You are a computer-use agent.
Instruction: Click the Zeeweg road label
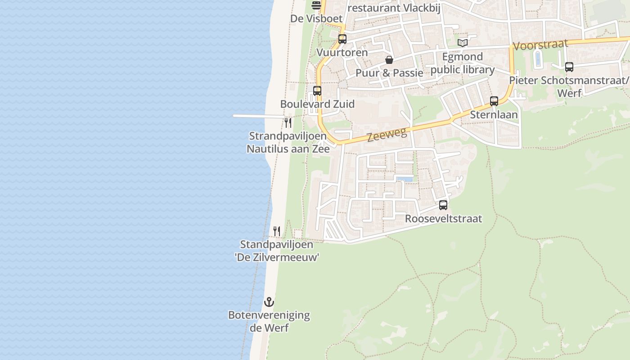tap(387, 134)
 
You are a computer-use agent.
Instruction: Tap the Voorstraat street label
tap(540, 45)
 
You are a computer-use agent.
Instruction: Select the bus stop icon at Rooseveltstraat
tap(443, 205)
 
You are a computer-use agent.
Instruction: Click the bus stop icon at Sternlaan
tap(494, 101)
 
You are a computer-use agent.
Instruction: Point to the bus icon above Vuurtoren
tap(342, 39)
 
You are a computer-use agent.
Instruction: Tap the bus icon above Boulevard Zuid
tap(317, 91)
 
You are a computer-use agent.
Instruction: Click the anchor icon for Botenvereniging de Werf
tap(269, 302)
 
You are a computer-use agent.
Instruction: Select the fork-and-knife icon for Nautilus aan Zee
tap(288, 122)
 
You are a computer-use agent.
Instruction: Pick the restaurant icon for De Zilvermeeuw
tap(277, 231)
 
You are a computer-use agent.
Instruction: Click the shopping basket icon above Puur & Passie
tap(389, 60)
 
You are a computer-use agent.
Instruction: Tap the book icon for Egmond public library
tap(463, 43)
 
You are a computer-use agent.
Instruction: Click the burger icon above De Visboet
tap(316, 5)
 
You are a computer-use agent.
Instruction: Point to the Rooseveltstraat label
tap(443, 219)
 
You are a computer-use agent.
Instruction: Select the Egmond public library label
tap(463, 63)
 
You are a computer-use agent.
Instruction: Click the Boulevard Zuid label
tap(317, 104)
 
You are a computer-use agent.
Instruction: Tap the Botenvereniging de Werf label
tap(269, 321)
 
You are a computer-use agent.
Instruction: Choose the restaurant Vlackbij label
tap(394, 8)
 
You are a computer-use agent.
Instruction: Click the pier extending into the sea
tap(256, 116)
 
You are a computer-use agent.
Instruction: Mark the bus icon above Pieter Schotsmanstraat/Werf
tap(569, 67)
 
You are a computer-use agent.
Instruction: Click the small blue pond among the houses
tap(405, 179)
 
